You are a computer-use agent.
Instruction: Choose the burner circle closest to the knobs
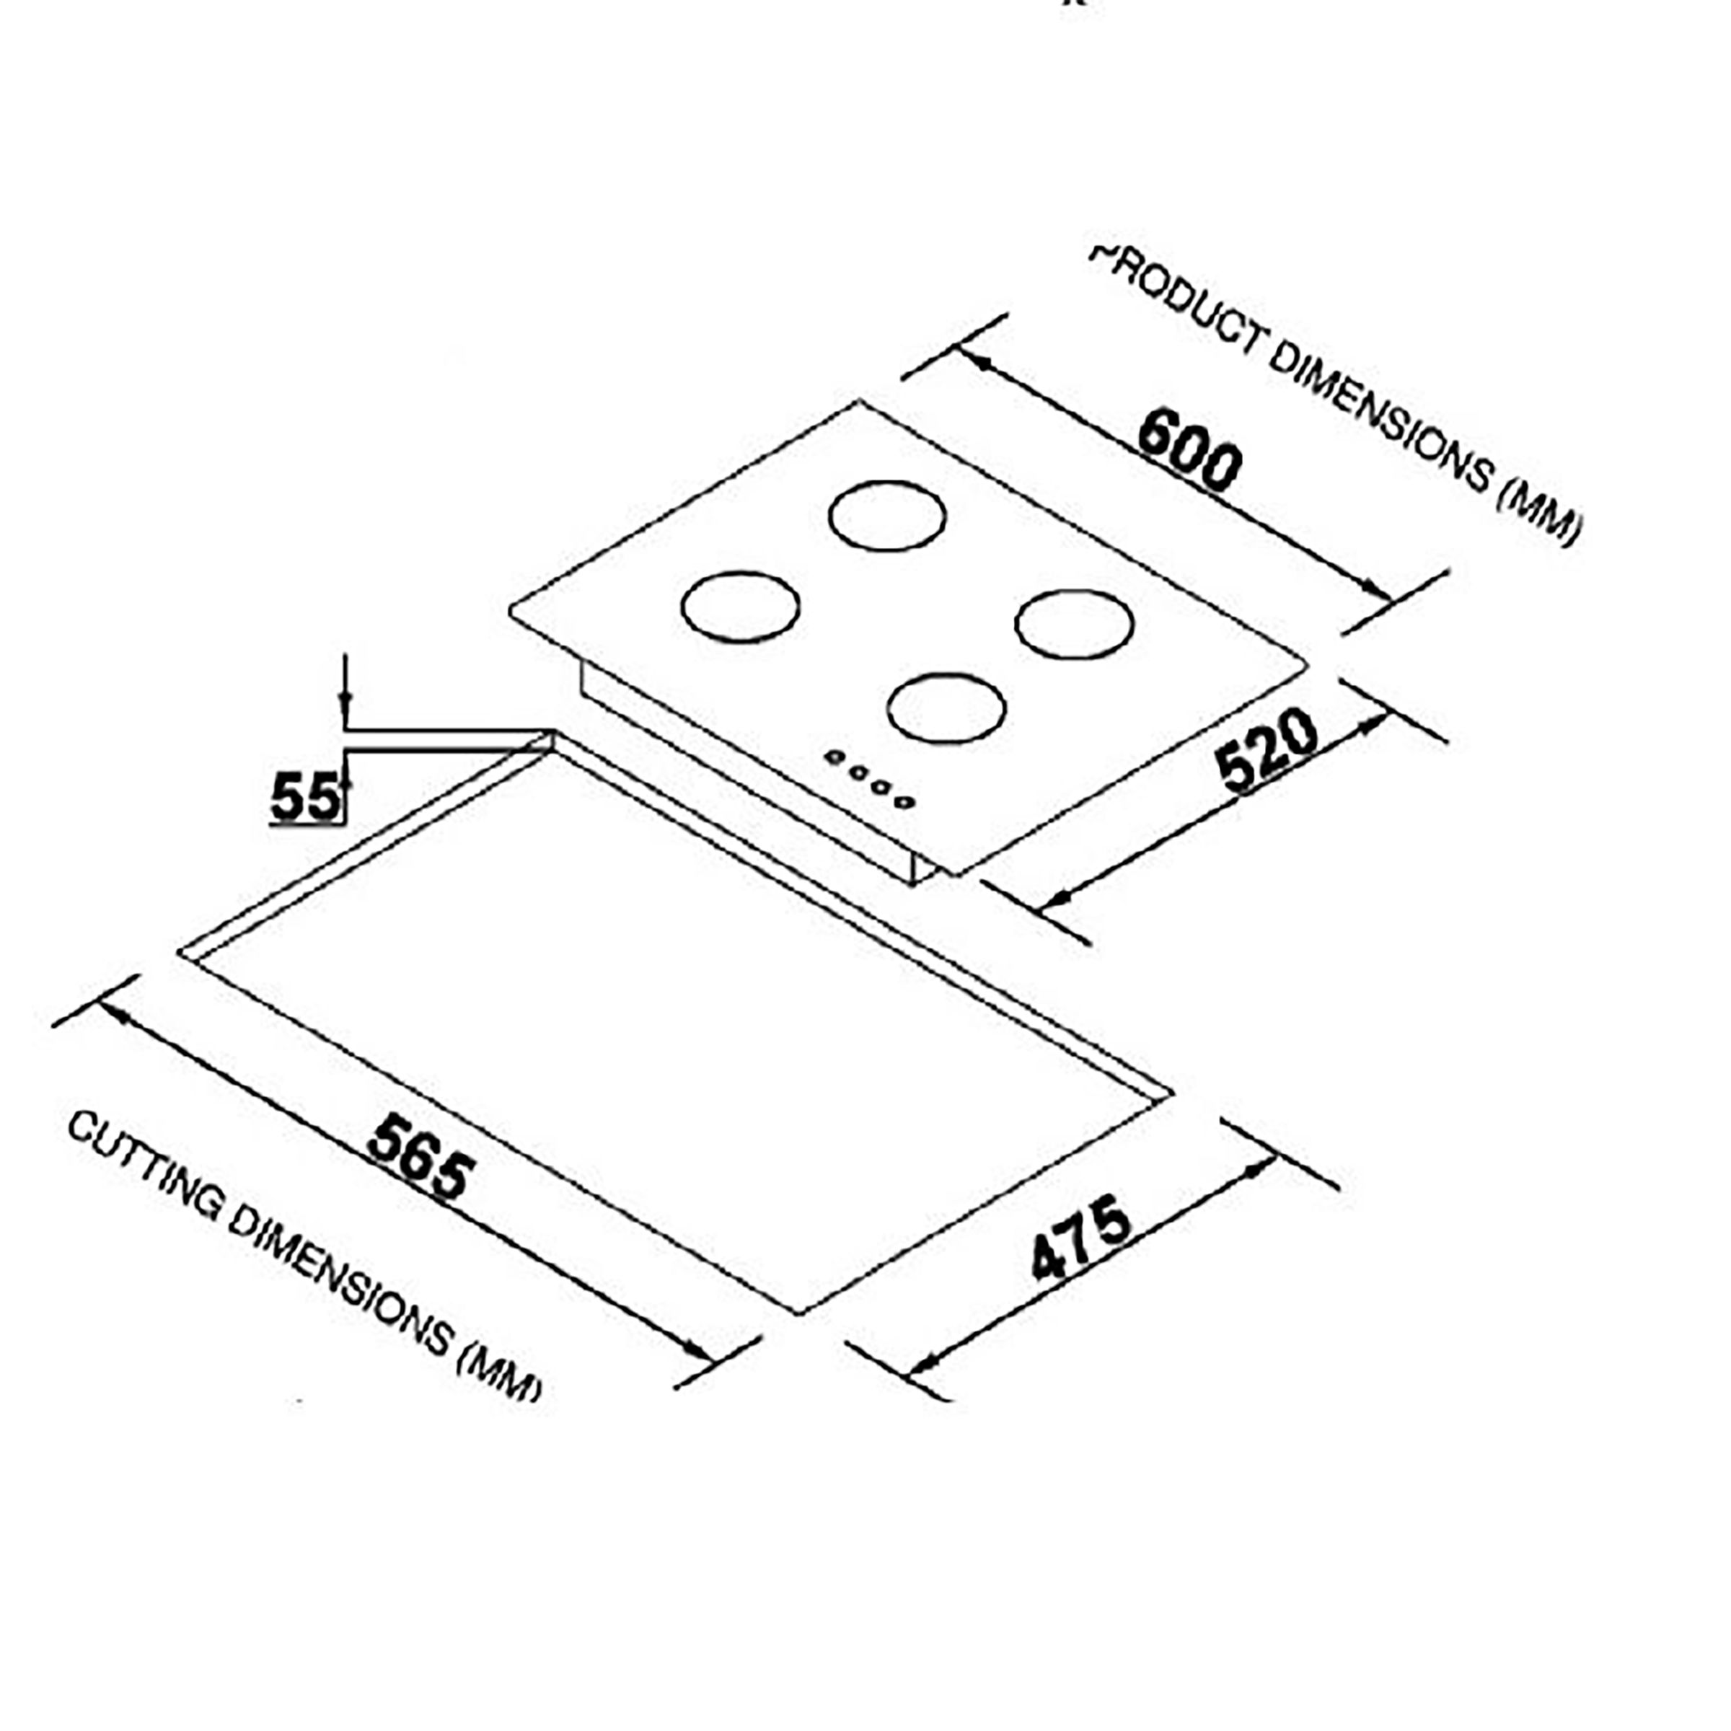946,708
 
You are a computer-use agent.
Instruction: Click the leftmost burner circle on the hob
740,607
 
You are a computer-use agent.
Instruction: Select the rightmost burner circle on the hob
1074,625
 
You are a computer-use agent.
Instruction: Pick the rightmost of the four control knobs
905,801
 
